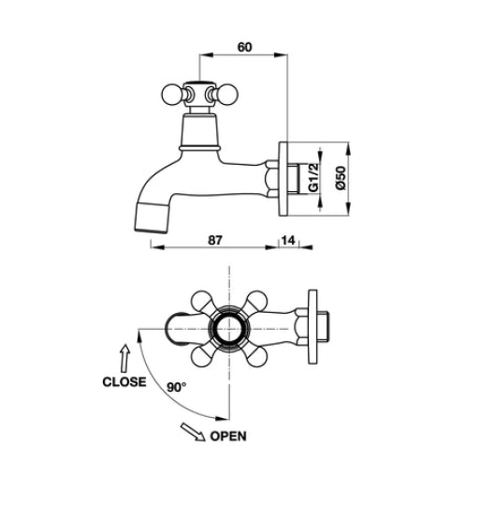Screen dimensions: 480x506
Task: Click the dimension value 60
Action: click(x=244, y=47)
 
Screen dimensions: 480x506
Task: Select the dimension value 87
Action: click(x=215, y=240)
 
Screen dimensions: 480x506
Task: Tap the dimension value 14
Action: click(x=288, y=240)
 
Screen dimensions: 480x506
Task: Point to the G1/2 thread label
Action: click(x=313, y=177)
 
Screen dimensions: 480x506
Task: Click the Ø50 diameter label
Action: click(x=341, y=178)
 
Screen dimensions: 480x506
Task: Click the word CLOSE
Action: click(x=124, y=381)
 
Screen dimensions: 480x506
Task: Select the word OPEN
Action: click(x=228, y=436)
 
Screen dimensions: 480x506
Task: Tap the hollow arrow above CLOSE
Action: click(x=125, y=358)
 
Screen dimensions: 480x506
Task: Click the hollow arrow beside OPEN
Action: click(x=193, y=432)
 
